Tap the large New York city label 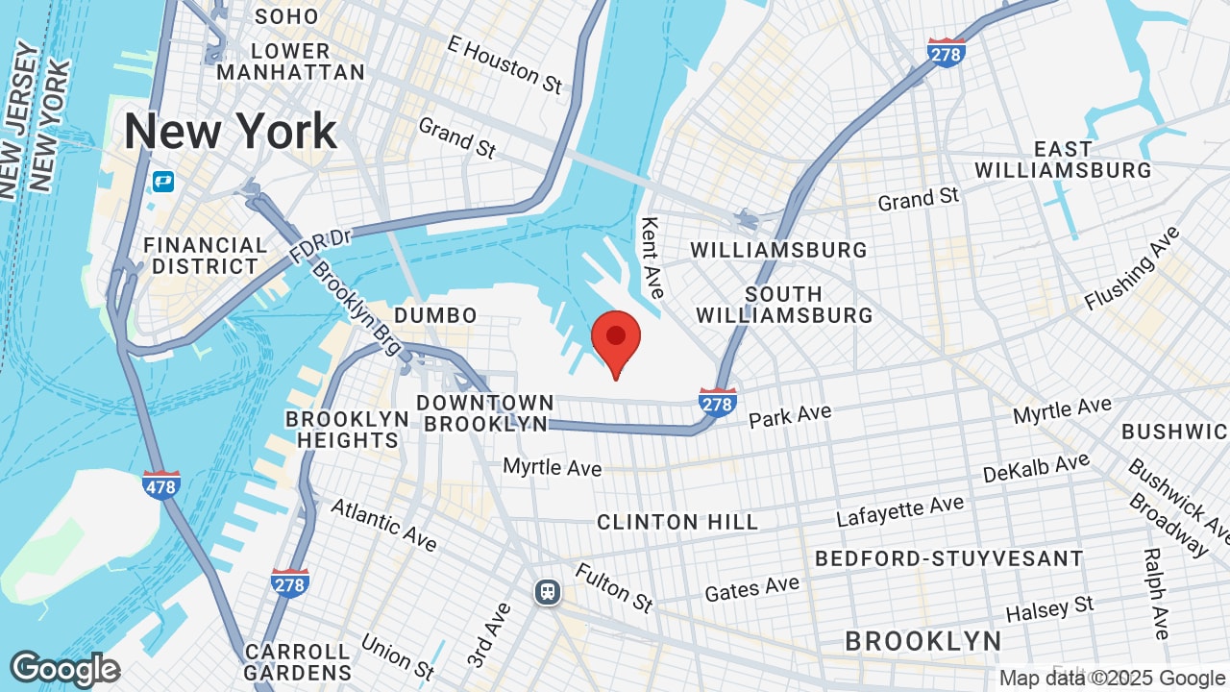tap(231, 132)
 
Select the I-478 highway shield tap(160, 484)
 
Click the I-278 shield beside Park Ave tap(718, 402)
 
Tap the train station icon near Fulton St tap(548, 592)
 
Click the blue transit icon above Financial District tap(163, 181)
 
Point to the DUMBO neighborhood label tap(435, 315)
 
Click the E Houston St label tap(504, 64)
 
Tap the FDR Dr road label tap(321, 247)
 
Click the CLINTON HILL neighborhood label tap(677, 522)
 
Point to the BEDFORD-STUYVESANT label tap(948, 558)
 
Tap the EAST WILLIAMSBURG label tap(1063, 160)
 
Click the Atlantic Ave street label tap(383, 524)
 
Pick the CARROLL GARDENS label tap(298, 662)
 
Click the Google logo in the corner tap(64, 669)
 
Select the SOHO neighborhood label tap(285, 16)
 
